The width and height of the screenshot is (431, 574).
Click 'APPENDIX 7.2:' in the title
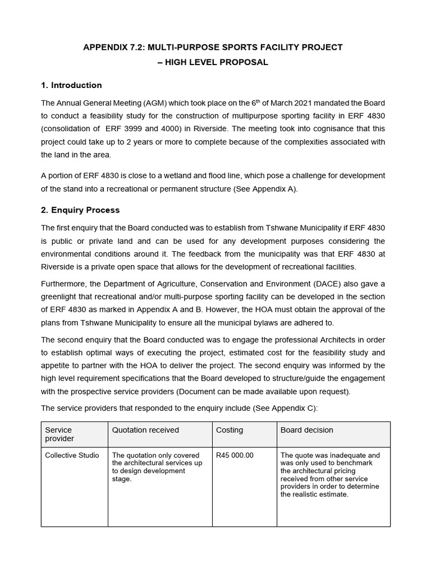tap(112, 47)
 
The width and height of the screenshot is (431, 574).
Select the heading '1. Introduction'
tap(71, 85)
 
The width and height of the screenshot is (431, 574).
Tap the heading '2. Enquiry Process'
tap(80, 210)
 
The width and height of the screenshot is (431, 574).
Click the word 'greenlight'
tap(61, 297)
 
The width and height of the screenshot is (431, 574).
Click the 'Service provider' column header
tap(59, 434)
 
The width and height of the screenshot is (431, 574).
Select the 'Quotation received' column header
tap(145, 430)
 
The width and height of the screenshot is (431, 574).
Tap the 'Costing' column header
tap(230, 430)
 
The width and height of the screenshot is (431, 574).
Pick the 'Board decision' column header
tap(306, 430)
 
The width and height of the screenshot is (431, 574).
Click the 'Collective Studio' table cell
tap(72, 455)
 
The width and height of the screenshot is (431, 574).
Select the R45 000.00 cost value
tap(235, 455)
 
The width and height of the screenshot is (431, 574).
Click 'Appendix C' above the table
tap(294, 409)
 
